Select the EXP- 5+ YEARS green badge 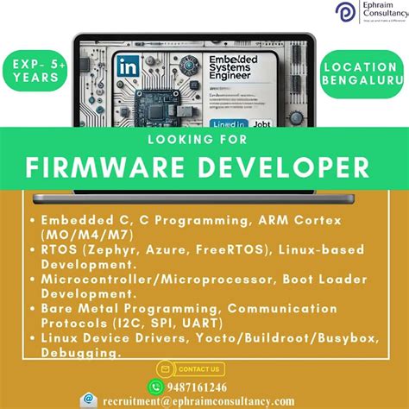pyautogui.click(x=36, y=70)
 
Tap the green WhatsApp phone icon pyautogui.click(x=155, y=387)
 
